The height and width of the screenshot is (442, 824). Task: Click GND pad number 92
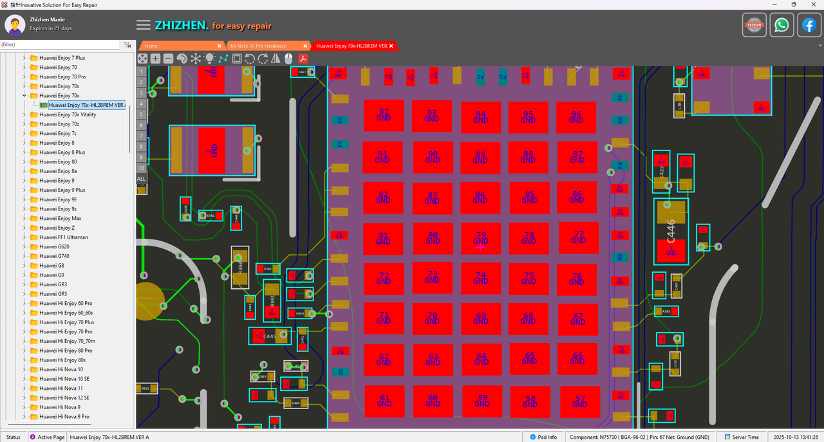click(x=383, y=116)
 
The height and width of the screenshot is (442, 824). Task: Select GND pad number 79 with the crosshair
click(x=480, y=238)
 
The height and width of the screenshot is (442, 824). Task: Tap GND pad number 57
click(x=579, y=401)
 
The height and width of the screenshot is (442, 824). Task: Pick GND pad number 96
click(x=576, y=117)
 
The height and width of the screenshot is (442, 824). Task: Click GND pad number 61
click(x=384, y=401)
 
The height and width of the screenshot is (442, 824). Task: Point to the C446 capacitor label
click(x=671, y=230)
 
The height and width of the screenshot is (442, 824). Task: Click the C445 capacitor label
click(x=269, y=336)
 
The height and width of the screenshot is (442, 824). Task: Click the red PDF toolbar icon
click(x=303, y=59)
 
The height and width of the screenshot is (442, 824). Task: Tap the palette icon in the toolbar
click(x=182, y=59)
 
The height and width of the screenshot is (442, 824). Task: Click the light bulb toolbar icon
click(x=209, y=59)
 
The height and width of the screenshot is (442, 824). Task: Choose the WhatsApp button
click(x=782, y=25)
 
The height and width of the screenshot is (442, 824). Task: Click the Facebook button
click(x=809, y=25)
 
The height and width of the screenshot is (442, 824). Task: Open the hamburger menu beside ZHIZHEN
click(x=144, y=25)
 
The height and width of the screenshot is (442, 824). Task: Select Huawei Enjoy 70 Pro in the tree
click(x=62, y=77)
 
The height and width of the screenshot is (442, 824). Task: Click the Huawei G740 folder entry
click(x=54, y=256)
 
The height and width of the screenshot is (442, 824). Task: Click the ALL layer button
click(x=142, y=178)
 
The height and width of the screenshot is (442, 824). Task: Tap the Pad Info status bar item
click(x=543, y=437)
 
